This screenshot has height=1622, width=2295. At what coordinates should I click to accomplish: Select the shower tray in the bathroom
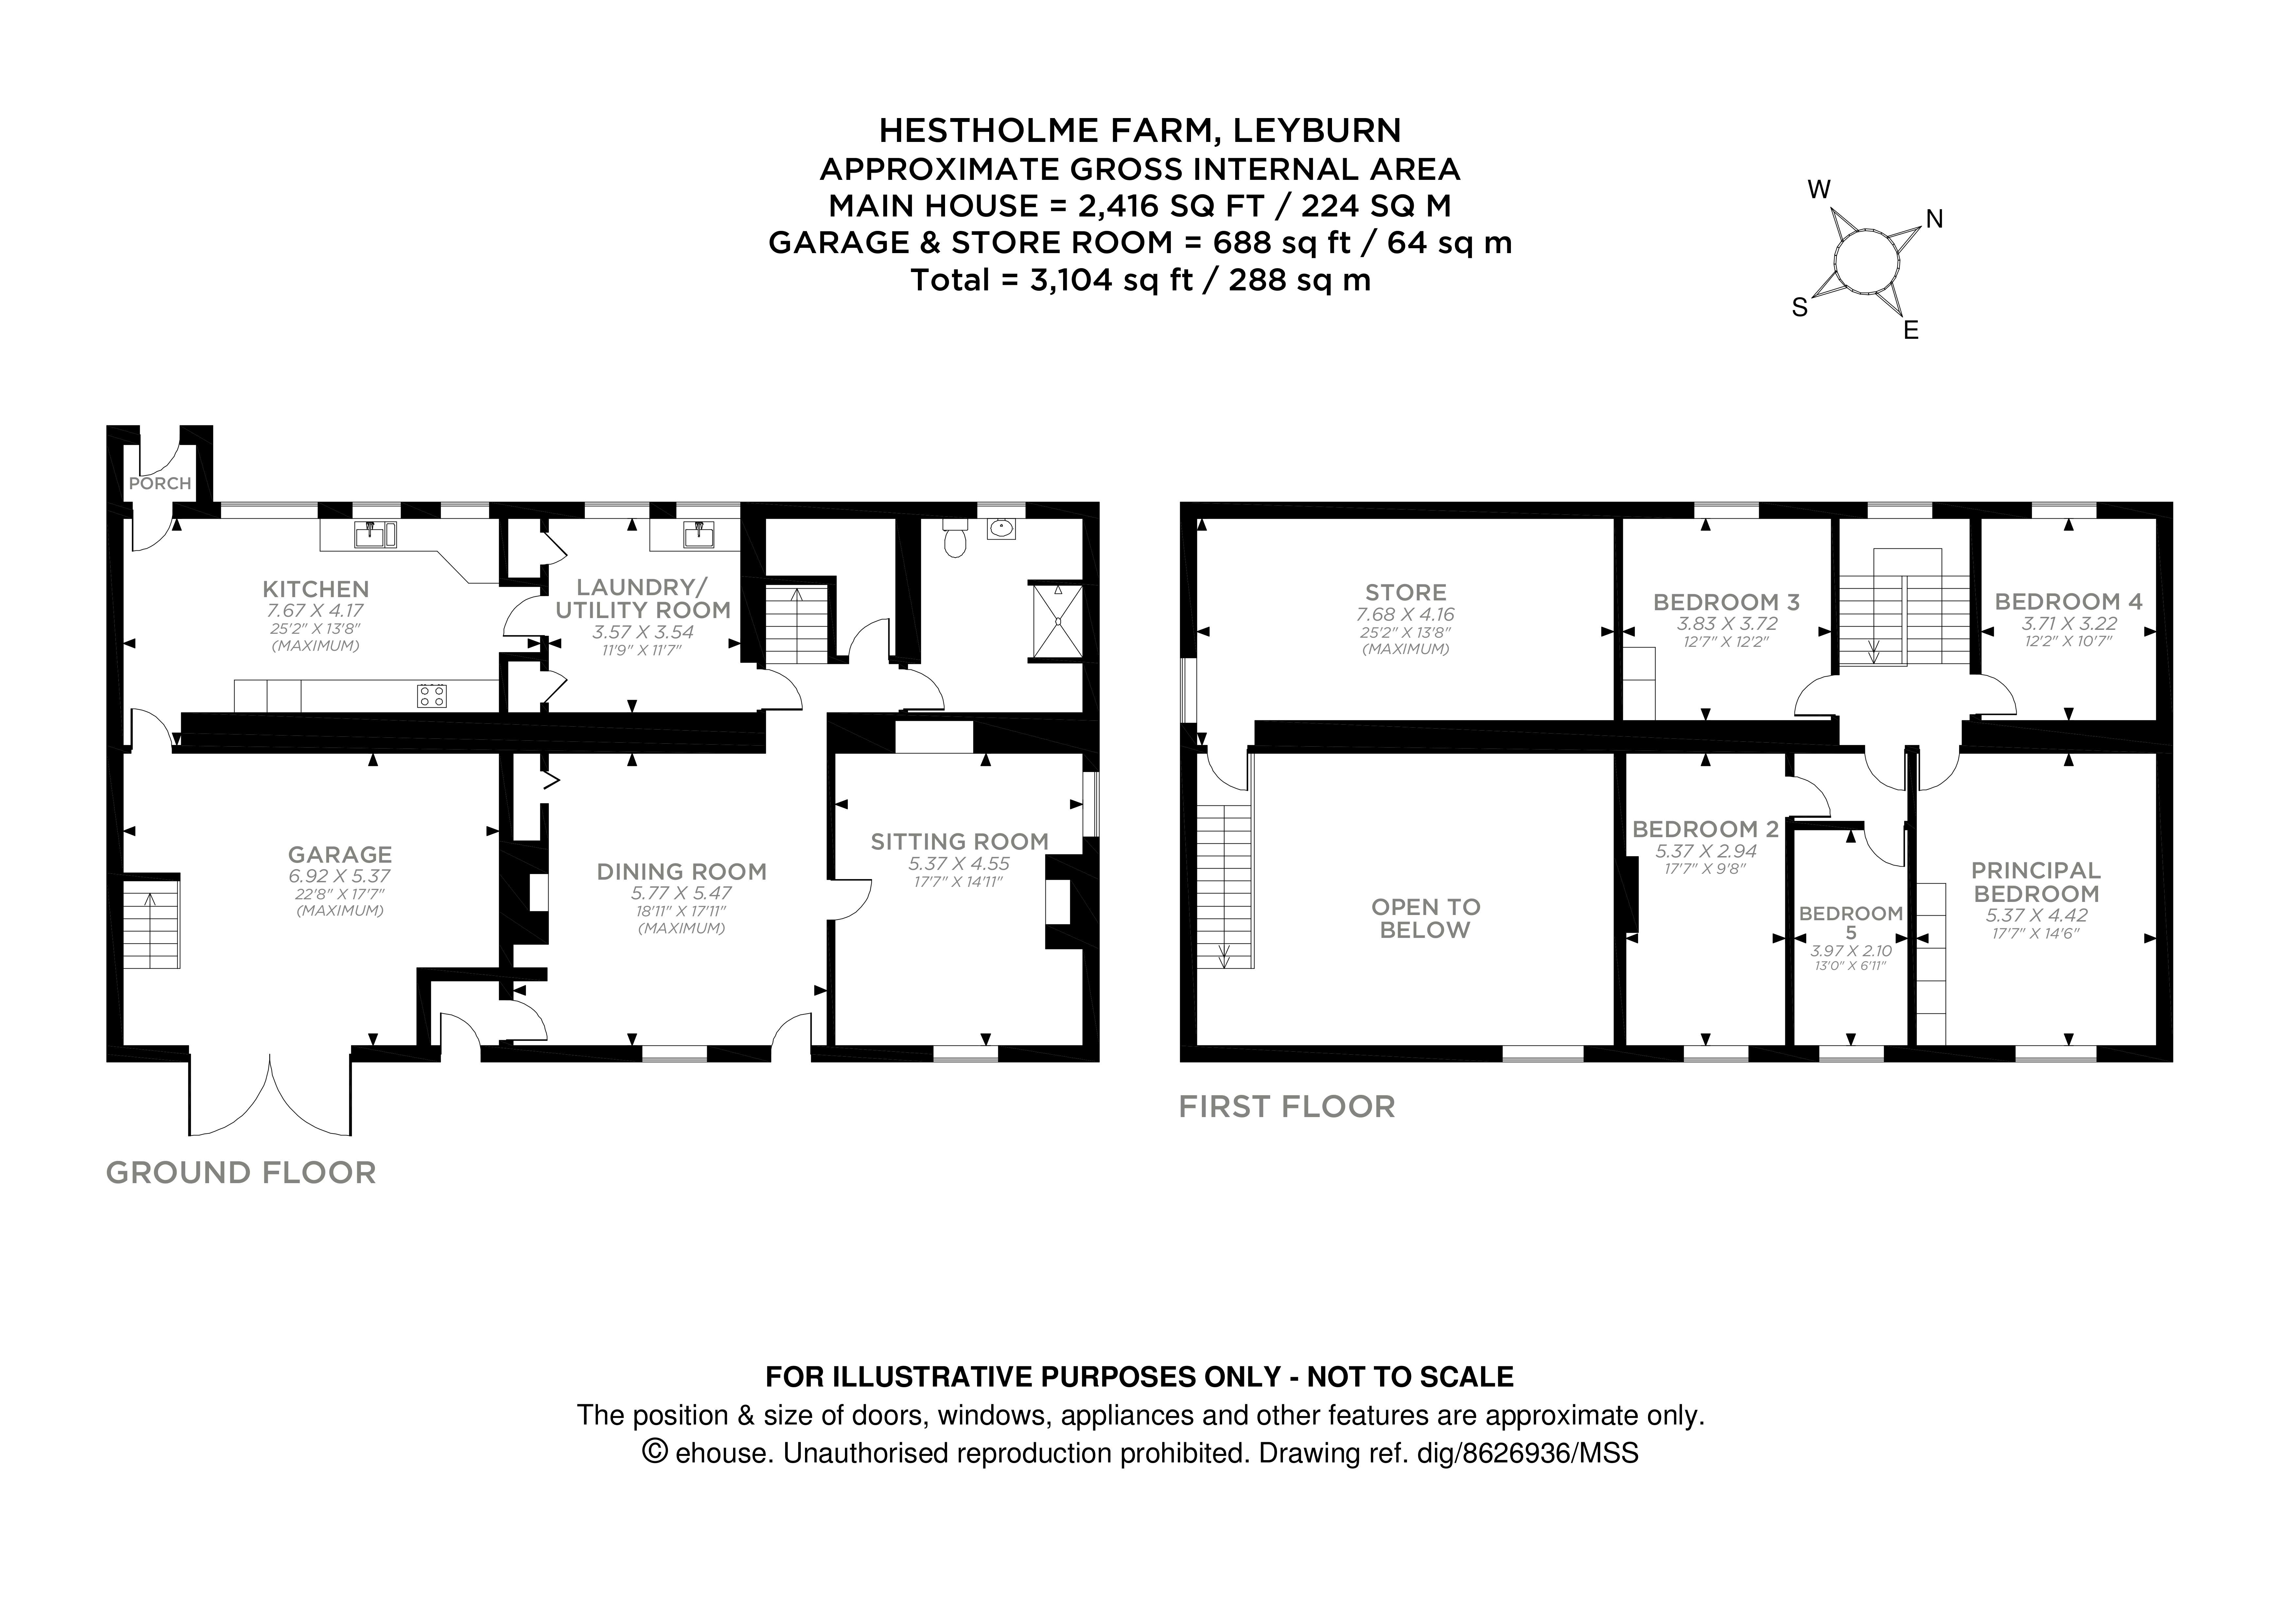(1057, 622)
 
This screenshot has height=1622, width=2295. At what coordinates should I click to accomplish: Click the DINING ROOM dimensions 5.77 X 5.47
(681, 893)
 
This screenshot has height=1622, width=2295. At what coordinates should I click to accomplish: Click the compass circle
(1865, 264)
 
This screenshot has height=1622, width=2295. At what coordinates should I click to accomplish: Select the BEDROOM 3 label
(1726, 602)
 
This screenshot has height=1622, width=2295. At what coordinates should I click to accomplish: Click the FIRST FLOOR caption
(1287, 1106)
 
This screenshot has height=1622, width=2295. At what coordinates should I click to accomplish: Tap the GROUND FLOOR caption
(241, 1172)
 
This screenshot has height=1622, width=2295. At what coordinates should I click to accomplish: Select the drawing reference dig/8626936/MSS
(1527, 1453)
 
